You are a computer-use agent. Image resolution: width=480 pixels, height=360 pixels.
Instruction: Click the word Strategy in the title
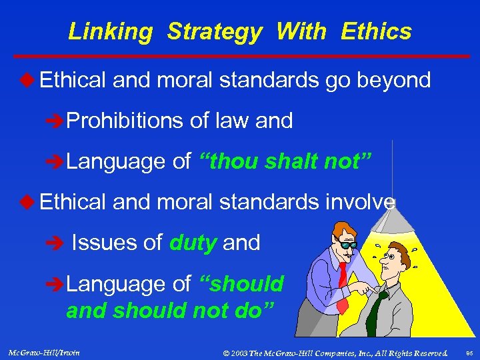(x=214, y=31)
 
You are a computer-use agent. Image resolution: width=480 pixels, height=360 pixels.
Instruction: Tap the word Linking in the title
(x=110, y=31)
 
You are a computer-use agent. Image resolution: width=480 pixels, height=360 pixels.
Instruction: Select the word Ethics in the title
(x=376, y=31)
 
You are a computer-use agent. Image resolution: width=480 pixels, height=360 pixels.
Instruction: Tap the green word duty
(x=193, y=243)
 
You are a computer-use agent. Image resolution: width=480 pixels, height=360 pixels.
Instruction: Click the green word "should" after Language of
(x=243, y=284)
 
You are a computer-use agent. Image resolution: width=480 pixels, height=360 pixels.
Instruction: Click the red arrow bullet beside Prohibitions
(x=58, y=121)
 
